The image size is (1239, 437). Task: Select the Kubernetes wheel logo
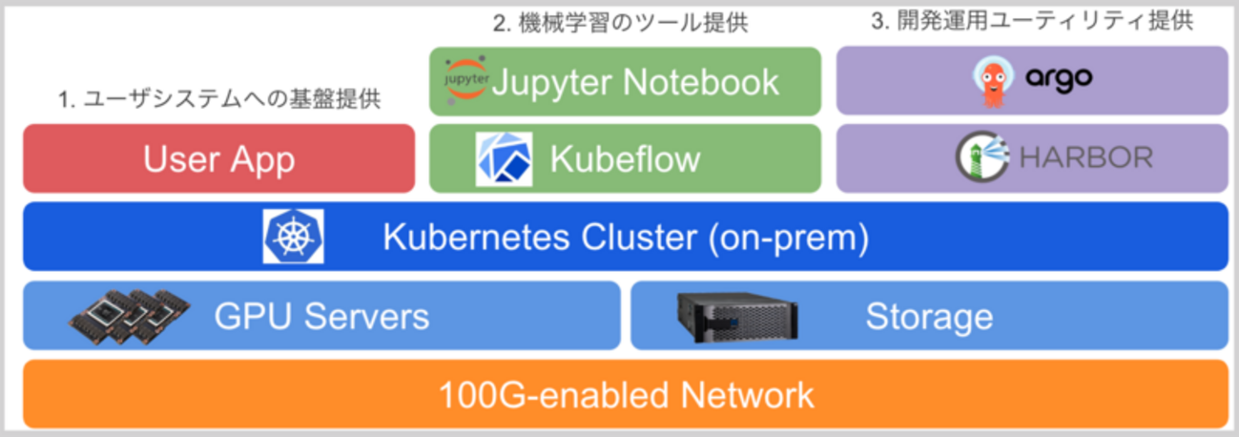pos(293,237)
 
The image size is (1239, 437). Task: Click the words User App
pos(218,159)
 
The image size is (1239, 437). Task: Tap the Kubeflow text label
pos(625,159)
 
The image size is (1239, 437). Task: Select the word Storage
pos(928,316)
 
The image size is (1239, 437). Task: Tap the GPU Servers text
pos(321,316)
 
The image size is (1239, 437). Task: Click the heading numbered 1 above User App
pos(219,98)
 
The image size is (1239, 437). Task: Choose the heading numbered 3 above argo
pos(1032,22)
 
